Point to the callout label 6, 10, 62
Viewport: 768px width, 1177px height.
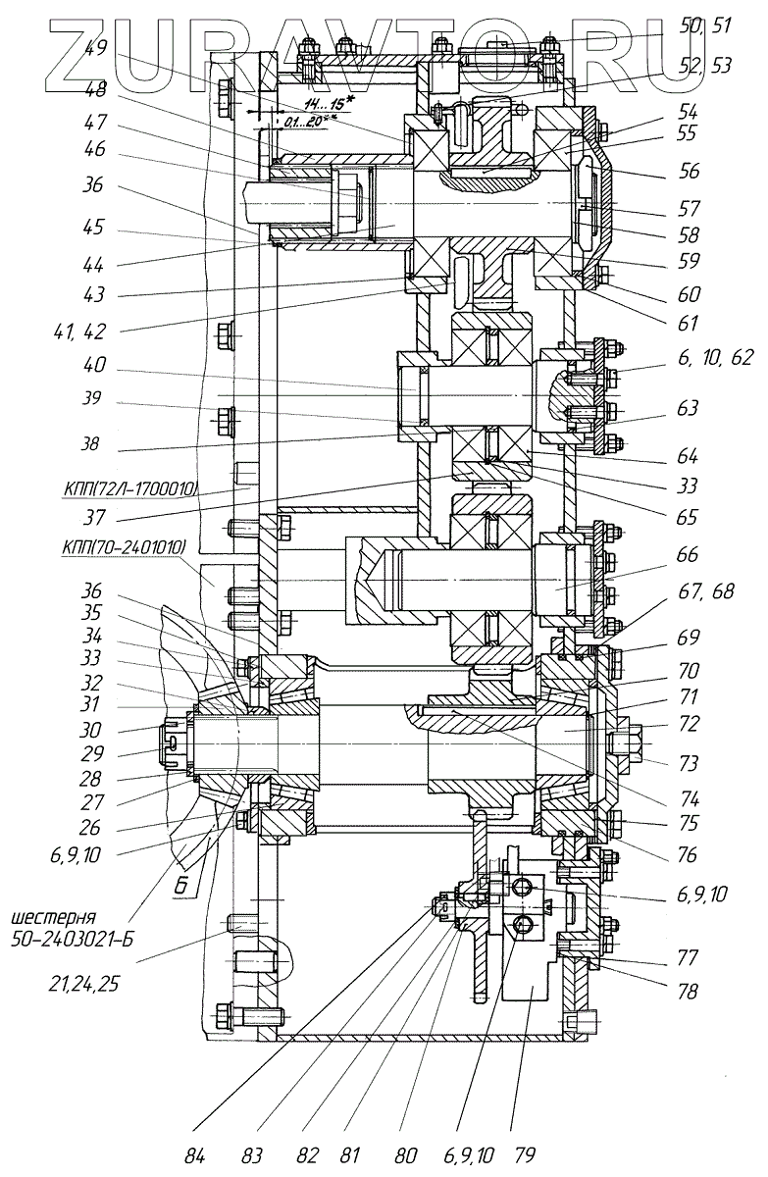(701, 359)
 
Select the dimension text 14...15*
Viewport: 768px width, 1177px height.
(331, 104)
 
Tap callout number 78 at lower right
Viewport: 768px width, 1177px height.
(687, 992)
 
